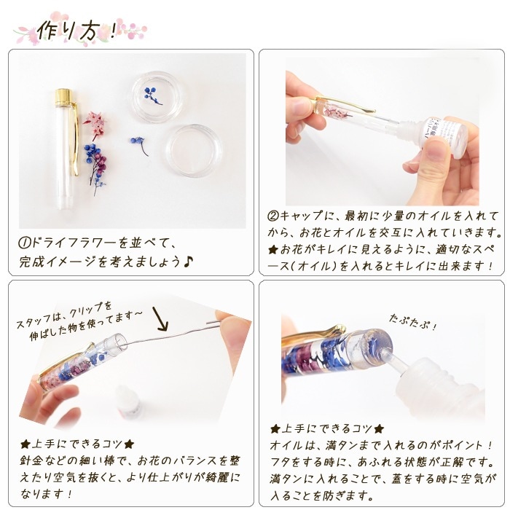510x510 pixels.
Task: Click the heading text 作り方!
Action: (x=76, y=31)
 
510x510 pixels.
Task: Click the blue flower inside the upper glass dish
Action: (x=152, y=94)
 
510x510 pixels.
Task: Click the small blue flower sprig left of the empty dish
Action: (x=139, y=145)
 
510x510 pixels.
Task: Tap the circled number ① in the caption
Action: (x=24, y=243)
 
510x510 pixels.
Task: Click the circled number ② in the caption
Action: (x=273, y=216)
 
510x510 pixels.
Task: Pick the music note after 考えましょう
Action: (x=188, y=261)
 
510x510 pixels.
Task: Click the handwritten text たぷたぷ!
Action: (x=412, y=322)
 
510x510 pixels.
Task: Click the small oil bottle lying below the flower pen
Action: (x=127, y=404)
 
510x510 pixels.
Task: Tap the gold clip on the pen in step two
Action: (x=345, y=105)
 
